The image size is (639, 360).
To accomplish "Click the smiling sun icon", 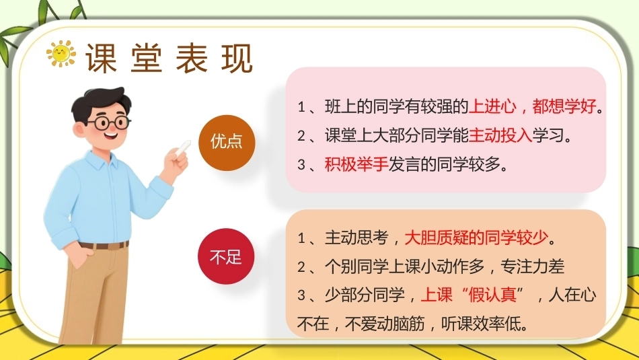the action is [61, 53].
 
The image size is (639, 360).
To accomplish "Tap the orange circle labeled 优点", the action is [227, 142].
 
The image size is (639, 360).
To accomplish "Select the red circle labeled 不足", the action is [226, 256].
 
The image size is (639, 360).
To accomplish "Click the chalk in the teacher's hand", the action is [184, 147].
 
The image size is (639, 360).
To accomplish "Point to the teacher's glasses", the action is [109, 122].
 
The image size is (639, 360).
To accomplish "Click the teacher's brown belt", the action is [104, 246].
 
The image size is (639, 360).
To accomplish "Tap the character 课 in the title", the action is [101, 59].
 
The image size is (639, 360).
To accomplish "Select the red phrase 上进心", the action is [492, 107].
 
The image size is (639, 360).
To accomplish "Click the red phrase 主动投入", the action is [500, 136].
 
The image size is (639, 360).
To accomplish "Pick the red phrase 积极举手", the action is [356, 164].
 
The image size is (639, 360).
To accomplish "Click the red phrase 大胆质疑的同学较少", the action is [476, 238].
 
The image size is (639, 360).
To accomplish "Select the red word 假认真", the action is [492, 295].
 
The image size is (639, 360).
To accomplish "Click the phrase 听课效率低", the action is [481, 324].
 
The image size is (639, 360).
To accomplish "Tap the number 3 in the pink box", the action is [301, 165].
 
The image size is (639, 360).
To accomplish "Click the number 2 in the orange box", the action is [301, 267].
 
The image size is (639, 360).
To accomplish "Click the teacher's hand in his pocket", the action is [81, 255].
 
